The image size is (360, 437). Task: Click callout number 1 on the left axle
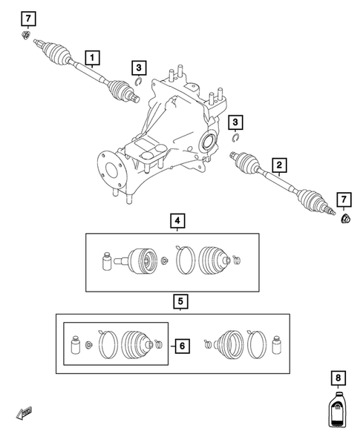[x=92, y=56]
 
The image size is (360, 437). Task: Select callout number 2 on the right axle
[x=279, y=165]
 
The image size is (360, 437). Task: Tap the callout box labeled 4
[x=176, y=221]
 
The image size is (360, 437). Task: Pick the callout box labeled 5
[x=180, y=301]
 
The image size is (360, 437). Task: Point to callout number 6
[x=180, y=345]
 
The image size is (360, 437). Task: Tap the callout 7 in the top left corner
[x=27, y=18]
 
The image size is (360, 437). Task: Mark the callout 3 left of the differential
[x=139, y=69]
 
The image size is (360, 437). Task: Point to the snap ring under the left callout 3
[x=139, y=83]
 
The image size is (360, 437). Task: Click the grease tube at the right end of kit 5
[x=278, y=345]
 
